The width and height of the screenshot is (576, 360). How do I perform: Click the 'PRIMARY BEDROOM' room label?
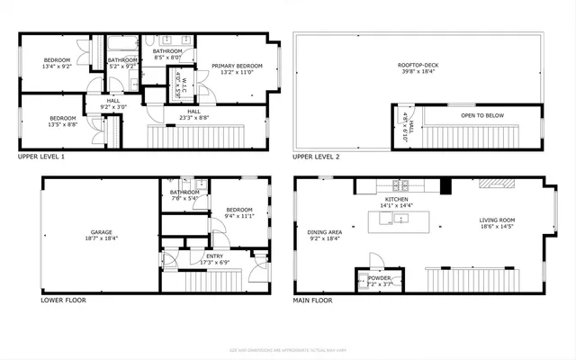(237, 66)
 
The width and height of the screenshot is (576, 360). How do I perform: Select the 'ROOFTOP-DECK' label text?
(418, 66)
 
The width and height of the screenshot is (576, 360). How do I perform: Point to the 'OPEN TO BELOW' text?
(481, 115)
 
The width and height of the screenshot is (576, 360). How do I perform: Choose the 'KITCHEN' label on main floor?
(397, 199)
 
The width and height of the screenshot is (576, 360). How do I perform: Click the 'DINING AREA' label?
(324, 232)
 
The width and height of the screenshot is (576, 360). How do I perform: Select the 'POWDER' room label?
(379, 278)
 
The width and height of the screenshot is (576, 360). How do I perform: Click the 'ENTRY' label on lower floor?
(214, 256)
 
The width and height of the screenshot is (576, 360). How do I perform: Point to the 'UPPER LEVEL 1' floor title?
(41, 156)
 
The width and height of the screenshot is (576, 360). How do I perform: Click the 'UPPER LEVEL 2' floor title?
(316, 156)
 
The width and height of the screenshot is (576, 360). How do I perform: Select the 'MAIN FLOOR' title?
(313, 300)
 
